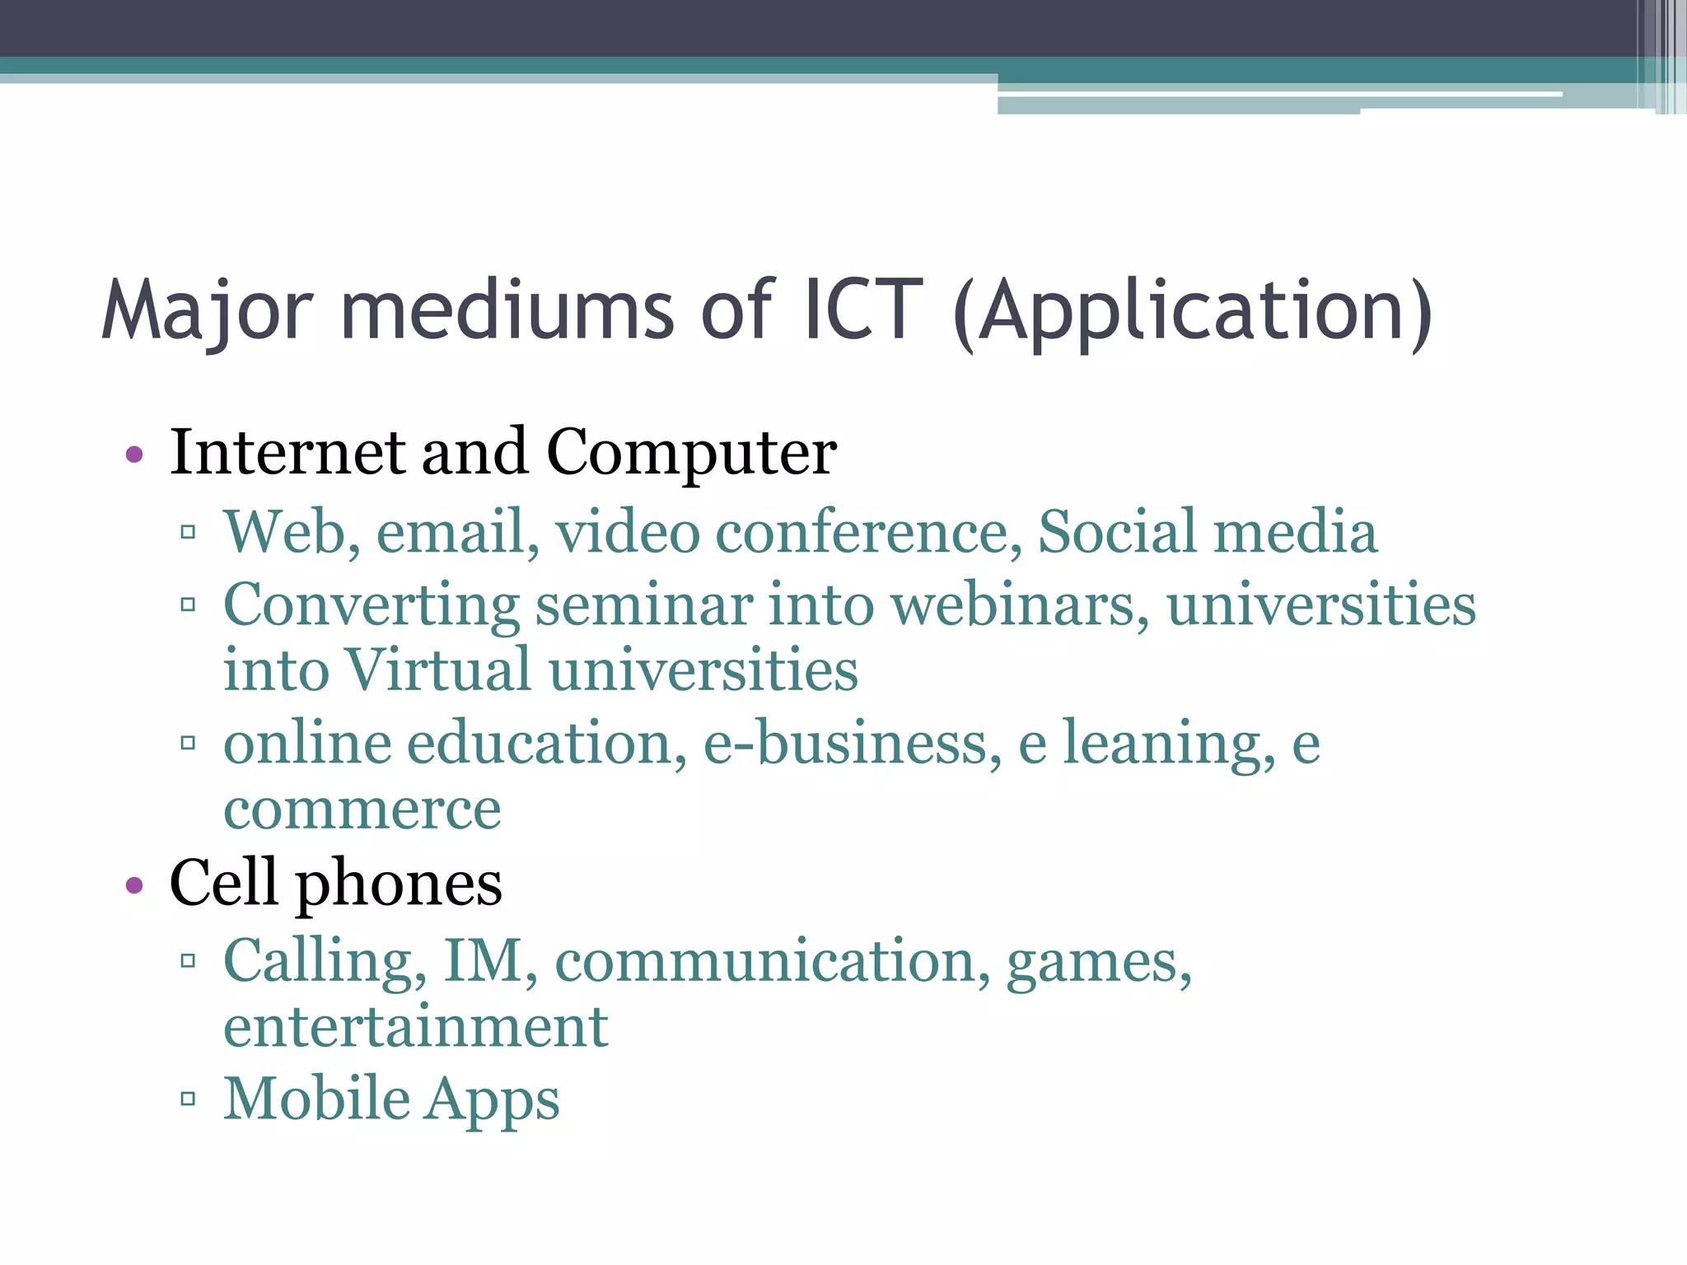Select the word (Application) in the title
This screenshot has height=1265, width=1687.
[1192, 311]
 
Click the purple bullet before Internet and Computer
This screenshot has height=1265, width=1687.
[134, 454]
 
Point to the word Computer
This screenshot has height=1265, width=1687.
[691, 454]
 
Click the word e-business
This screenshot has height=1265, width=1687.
[852, 743]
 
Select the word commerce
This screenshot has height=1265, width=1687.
[362, 809]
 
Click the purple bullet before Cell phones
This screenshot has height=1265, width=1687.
[134, 885]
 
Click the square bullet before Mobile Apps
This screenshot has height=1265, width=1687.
[188, 1098]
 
